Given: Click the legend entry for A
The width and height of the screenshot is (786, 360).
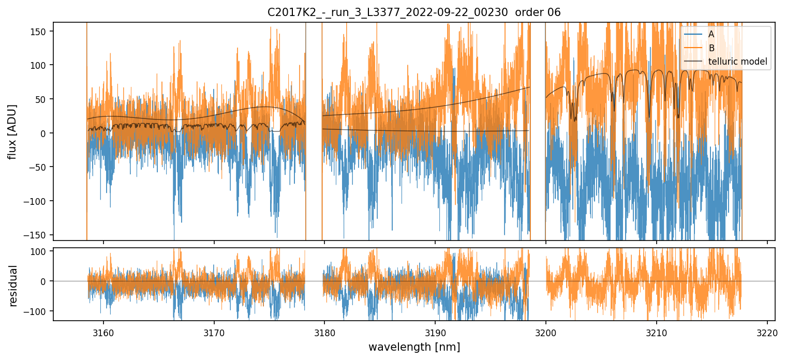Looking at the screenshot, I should [711, 34].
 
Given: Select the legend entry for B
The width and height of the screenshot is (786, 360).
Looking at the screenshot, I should [711, 48].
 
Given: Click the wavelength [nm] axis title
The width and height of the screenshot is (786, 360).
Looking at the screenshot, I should [413, 347].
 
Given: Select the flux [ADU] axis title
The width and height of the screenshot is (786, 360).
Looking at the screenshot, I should [12, 131].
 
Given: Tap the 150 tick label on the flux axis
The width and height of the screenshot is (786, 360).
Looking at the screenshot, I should [39, 32].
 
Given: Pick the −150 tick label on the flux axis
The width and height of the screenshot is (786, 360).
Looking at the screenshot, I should [37, 235].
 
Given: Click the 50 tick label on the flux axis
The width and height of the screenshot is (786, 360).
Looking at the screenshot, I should [41, 99].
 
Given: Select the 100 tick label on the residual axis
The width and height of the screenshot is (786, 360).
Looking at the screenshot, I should [39, 251].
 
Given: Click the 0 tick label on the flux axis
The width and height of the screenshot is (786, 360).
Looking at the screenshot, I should [43, 133].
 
